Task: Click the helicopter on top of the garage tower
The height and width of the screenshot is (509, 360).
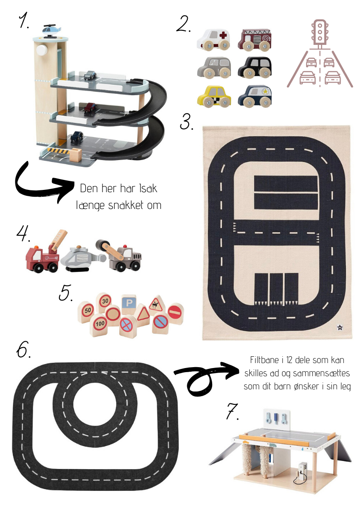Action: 51,29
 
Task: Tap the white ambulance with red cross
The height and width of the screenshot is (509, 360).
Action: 214,39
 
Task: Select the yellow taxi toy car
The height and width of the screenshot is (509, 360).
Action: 214,96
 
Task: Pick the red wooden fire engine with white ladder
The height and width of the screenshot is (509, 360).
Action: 255,39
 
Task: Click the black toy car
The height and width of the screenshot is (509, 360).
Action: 255,68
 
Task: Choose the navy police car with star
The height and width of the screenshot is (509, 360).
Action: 255,96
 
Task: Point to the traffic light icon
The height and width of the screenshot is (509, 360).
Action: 320,33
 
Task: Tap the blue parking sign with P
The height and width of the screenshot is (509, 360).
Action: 129,304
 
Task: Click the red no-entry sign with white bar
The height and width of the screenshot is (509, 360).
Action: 175,313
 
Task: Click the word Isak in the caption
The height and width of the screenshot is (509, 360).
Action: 148,188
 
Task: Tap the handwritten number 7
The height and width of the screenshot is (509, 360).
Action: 233,411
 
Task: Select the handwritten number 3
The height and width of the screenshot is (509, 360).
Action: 186,121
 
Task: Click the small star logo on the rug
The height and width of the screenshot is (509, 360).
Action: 340,328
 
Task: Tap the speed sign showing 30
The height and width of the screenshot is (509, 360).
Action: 105,302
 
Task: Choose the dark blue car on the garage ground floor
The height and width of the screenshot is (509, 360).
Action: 77,137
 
